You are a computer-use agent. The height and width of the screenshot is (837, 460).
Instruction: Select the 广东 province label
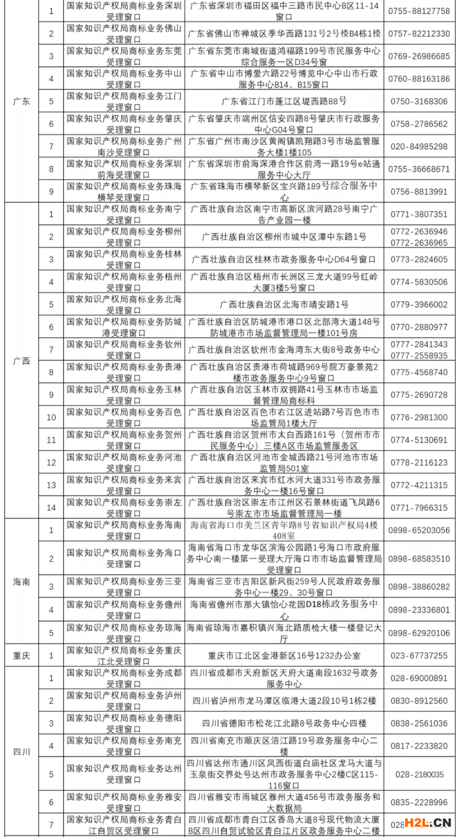click(x=22, y=102)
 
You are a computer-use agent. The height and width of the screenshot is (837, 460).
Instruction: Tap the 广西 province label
click(x=22, y=361)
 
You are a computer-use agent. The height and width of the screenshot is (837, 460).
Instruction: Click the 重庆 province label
click(x=22, y=655)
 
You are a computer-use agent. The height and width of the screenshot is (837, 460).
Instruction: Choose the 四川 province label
click(x=22, y=751)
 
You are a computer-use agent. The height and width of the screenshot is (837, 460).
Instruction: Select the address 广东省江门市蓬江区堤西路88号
click(x=284, y=102)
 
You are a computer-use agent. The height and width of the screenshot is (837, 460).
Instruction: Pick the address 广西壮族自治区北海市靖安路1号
click(x=284, y=305)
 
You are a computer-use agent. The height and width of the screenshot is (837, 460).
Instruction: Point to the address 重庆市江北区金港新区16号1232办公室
click(x=284, y=656)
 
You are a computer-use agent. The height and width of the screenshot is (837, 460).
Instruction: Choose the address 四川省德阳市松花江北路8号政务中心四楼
click(x=284, y=723)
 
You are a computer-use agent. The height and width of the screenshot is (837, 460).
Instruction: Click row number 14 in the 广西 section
click(x=52, y=508)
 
